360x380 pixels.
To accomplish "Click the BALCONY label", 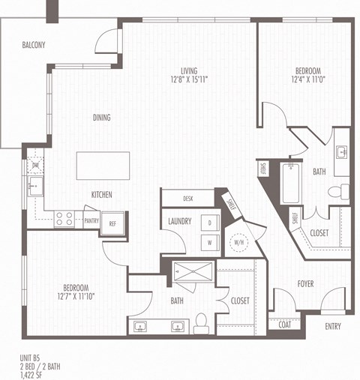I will [x=33, y=45].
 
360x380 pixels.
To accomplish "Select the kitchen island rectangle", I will [x=103, y=164].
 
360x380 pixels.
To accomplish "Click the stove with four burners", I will [x=64, y=219].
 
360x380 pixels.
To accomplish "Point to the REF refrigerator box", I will [x=113, y=223].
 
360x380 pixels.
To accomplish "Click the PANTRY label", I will [x=91, y=221].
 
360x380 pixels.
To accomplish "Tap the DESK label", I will [x=187, y=199].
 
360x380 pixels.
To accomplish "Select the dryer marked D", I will [x=210, y=223].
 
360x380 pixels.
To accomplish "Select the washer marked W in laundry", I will [x=210, y=242].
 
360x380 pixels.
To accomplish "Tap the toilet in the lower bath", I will [x=201, y=323].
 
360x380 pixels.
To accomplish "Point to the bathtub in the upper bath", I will [x=291, y=180].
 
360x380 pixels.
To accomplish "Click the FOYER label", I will [x=305, y=284].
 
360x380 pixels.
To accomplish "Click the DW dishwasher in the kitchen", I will [x=35, y=165].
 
